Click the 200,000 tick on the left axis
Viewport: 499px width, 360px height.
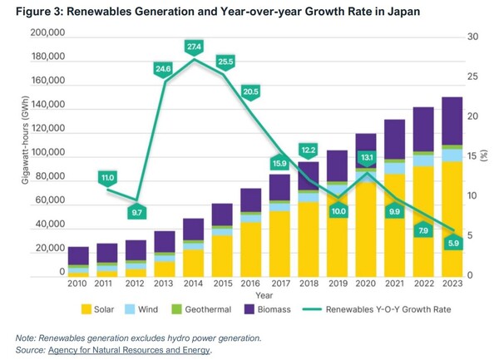(x=47, y=32)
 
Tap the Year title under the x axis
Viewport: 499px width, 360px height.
(x=264, y=296)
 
